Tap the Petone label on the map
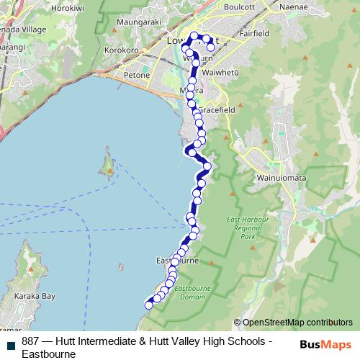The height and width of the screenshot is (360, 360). point(136,75)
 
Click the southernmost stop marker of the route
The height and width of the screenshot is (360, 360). point(149,305)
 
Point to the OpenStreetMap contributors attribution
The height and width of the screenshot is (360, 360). point(296,323)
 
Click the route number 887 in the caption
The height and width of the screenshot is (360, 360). point(31,341)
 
